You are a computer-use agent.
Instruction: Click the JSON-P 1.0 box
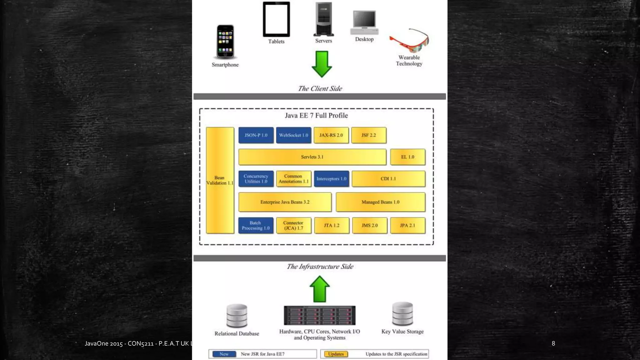[256, 135]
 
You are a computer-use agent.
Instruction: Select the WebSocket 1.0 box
[293, 135]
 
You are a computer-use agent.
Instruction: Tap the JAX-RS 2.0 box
[331, 135]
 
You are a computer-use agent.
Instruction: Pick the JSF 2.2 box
[369, 135]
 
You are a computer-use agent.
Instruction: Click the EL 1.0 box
[407, 157]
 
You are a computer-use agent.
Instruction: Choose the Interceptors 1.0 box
[331, 179]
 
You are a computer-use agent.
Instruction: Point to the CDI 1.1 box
[388, 179]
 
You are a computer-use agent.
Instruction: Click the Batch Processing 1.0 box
[256, 225]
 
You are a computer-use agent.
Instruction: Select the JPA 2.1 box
[407, 225]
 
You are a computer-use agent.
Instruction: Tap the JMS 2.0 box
[370, 225]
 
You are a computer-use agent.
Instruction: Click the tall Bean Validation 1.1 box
[220, 180]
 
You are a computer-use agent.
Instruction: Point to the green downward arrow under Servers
[322, 64]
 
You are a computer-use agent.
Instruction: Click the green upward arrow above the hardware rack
[319, 289]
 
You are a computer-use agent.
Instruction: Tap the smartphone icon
[225, 42]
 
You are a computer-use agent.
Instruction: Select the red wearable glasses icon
[410, 41]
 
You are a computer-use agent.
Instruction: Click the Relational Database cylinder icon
[237, 316]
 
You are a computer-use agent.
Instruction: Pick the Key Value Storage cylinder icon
[402, 314]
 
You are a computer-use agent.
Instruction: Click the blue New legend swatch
[224, 354]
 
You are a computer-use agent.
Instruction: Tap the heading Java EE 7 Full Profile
[316, 116]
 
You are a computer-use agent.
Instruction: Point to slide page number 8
[553, 343]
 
